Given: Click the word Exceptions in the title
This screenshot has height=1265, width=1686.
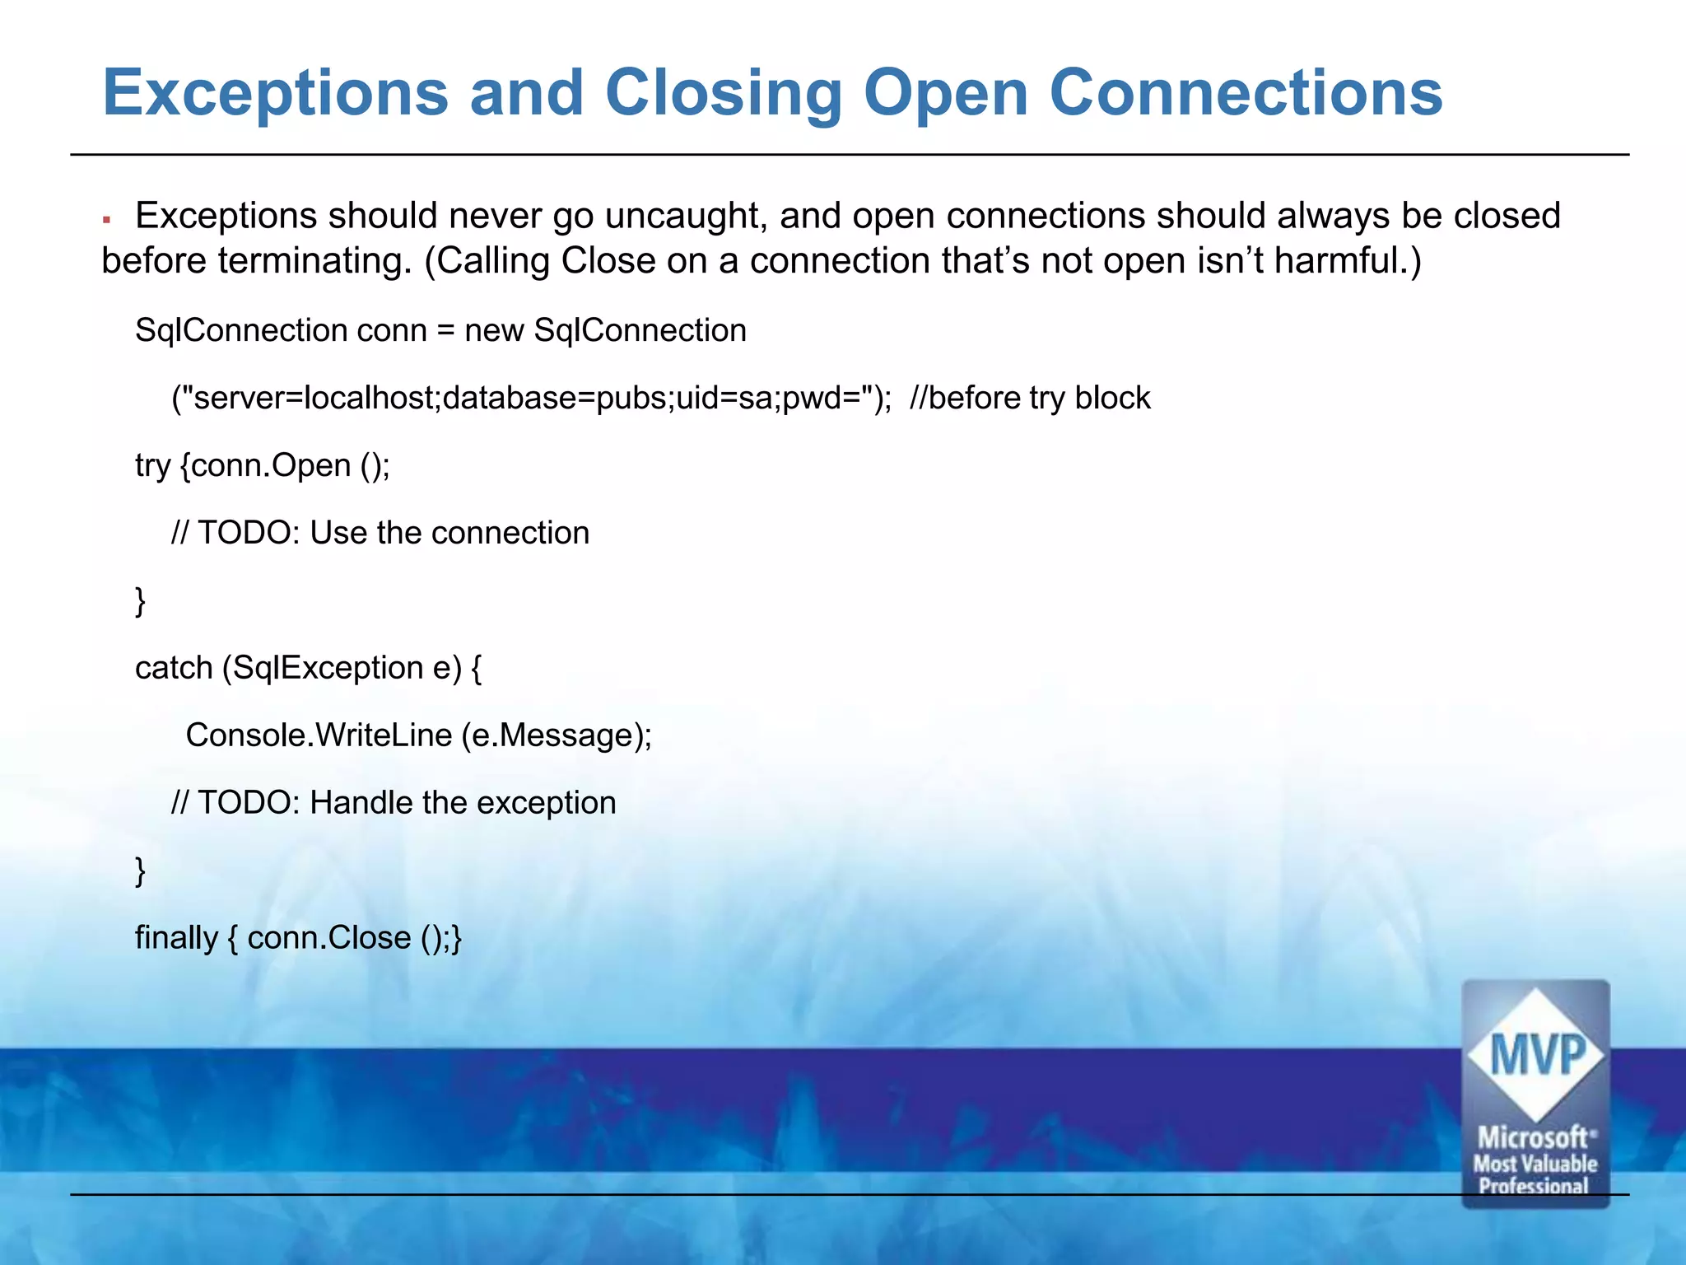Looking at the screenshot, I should (x=275, y=93).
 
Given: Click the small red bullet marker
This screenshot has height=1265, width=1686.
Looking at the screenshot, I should (x=106, y=220).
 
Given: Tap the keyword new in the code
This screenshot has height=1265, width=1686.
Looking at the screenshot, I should (x=494, y=330).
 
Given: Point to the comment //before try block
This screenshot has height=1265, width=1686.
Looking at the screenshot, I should (x=1029, y=398).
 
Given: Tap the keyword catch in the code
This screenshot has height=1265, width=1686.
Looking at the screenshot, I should (x=174, y=668).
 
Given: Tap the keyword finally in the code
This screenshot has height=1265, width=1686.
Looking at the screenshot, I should (x=176, y=938).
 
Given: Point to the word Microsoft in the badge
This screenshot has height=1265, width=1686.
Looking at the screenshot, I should (x=1533, y=1138).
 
